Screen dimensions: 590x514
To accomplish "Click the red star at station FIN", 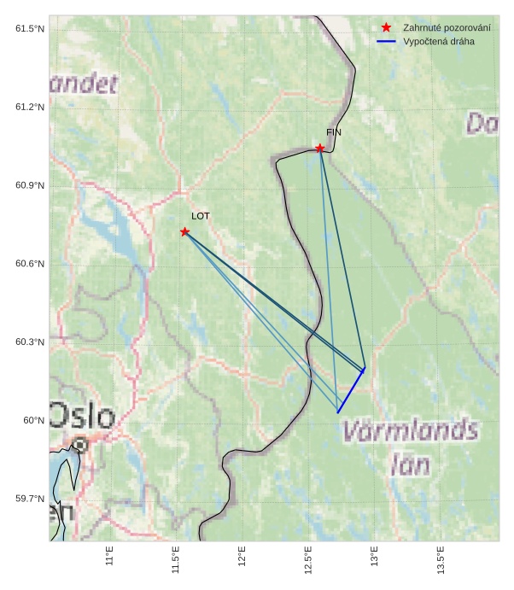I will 320,149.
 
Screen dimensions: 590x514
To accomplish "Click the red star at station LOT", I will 184,232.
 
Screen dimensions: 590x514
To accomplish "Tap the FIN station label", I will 333,132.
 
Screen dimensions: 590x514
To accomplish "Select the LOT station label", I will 200,216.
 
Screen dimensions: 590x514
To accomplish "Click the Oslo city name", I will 82,417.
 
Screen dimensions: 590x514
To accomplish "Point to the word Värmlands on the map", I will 410,431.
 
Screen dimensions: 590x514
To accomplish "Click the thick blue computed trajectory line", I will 351,391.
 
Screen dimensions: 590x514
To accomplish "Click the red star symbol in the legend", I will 386,28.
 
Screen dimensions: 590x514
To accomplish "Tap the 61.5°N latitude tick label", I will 30,29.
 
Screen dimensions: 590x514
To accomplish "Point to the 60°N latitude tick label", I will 33,420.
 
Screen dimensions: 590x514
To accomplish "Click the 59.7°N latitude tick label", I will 30,499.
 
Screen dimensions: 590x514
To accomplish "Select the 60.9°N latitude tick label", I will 30,186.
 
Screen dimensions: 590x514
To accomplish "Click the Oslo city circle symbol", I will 79,444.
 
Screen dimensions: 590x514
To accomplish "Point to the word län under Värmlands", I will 409,464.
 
